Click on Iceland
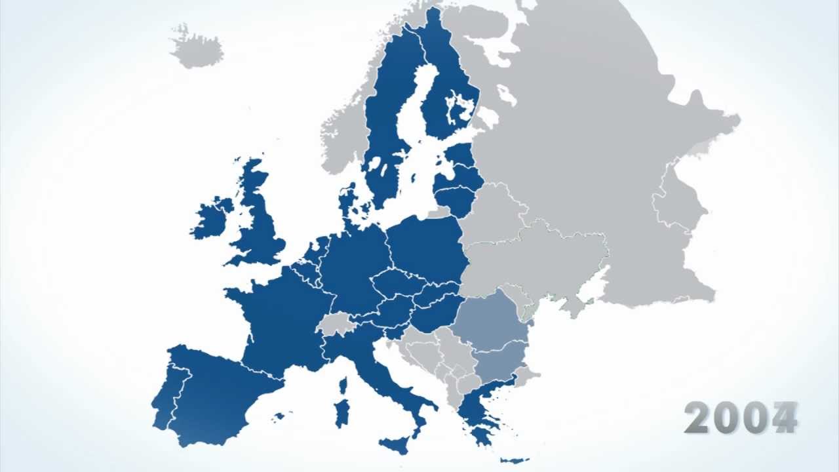[x=196, y=47]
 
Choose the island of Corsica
[x=342, y=385]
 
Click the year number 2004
[x=741, y=417]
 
